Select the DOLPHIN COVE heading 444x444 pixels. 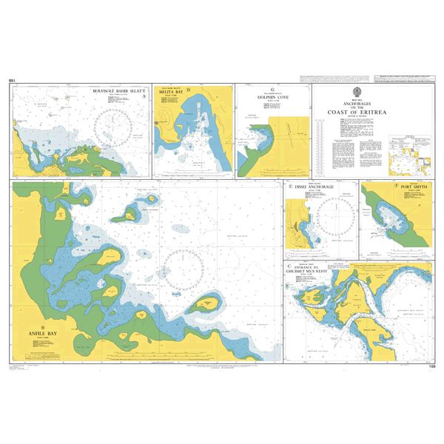[x=272, y=96]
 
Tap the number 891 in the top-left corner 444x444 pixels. [x=12, y=80]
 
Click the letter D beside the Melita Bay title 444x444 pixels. [x=189, y=91]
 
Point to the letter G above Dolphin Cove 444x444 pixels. [x=272, y=87]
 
